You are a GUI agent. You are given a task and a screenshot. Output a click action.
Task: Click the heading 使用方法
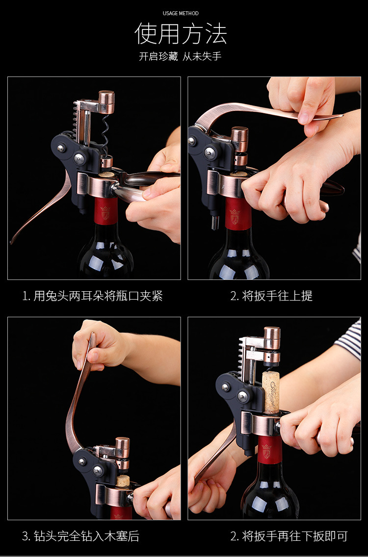tap(181, 34)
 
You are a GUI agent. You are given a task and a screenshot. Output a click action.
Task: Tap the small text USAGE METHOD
tap(181, 13)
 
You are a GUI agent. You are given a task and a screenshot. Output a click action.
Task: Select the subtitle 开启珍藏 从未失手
tap(180, 56)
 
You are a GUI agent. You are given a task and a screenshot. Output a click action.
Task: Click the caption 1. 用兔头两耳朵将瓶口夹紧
tap(92, 296)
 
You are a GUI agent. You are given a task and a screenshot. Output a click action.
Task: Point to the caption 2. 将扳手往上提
tap(271, 296)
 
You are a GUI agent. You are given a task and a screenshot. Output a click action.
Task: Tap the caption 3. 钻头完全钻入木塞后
tap(80, 536)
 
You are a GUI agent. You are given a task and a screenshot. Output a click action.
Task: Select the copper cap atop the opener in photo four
tap(272, 338)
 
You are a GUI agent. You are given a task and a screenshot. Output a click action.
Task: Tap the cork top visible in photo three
tap(123, 481)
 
